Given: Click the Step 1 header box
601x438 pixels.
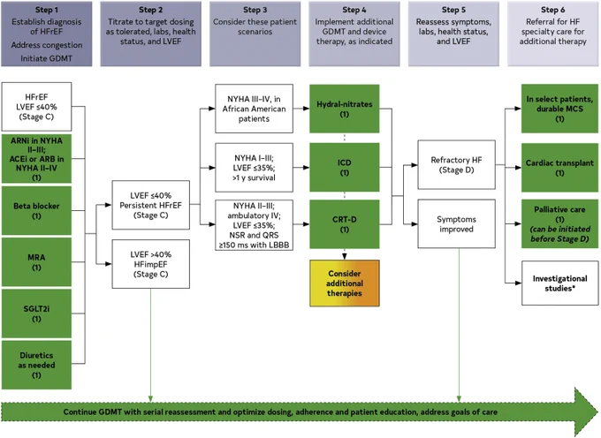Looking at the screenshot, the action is pos(46,34).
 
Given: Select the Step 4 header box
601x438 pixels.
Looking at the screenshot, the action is pos(354,34).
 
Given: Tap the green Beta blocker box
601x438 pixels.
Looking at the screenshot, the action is pos(36,210).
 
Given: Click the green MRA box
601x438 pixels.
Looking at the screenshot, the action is pos(36,262).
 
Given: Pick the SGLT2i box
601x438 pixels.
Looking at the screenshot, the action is pos(36,313).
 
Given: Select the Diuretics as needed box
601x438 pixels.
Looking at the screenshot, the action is pos(36,365).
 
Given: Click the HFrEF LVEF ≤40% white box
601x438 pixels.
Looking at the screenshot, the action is pos(36,107).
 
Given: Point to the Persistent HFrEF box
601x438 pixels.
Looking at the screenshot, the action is pos(150,205).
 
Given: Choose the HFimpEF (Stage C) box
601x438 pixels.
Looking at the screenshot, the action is pos(150,264).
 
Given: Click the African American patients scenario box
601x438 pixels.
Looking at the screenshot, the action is pos(255,109).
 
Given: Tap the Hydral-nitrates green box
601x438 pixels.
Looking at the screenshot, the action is pos(345,109).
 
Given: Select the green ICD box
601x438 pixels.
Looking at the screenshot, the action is pos(345,167).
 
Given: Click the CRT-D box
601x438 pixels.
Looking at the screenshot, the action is pos(345,224).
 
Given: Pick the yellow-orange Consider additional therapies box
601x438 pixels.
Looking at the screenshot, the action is pos(345,283).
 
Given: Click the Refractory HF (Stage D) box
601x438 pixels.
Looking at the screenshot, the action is pos(457,164).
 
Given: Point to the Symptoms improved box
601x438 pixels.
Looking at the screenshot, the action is pos(457,223).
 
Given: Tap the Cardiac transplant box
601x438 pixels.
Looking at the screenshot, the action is pos(559,167).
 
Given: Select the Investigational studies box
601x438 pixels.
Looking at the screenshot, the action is pos(559,283).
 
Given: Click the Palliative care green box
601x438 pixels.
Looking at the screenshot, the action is pos(559,224).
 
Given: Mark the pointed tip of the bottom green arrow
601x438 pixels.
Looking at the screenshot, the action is pos(598,412).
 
